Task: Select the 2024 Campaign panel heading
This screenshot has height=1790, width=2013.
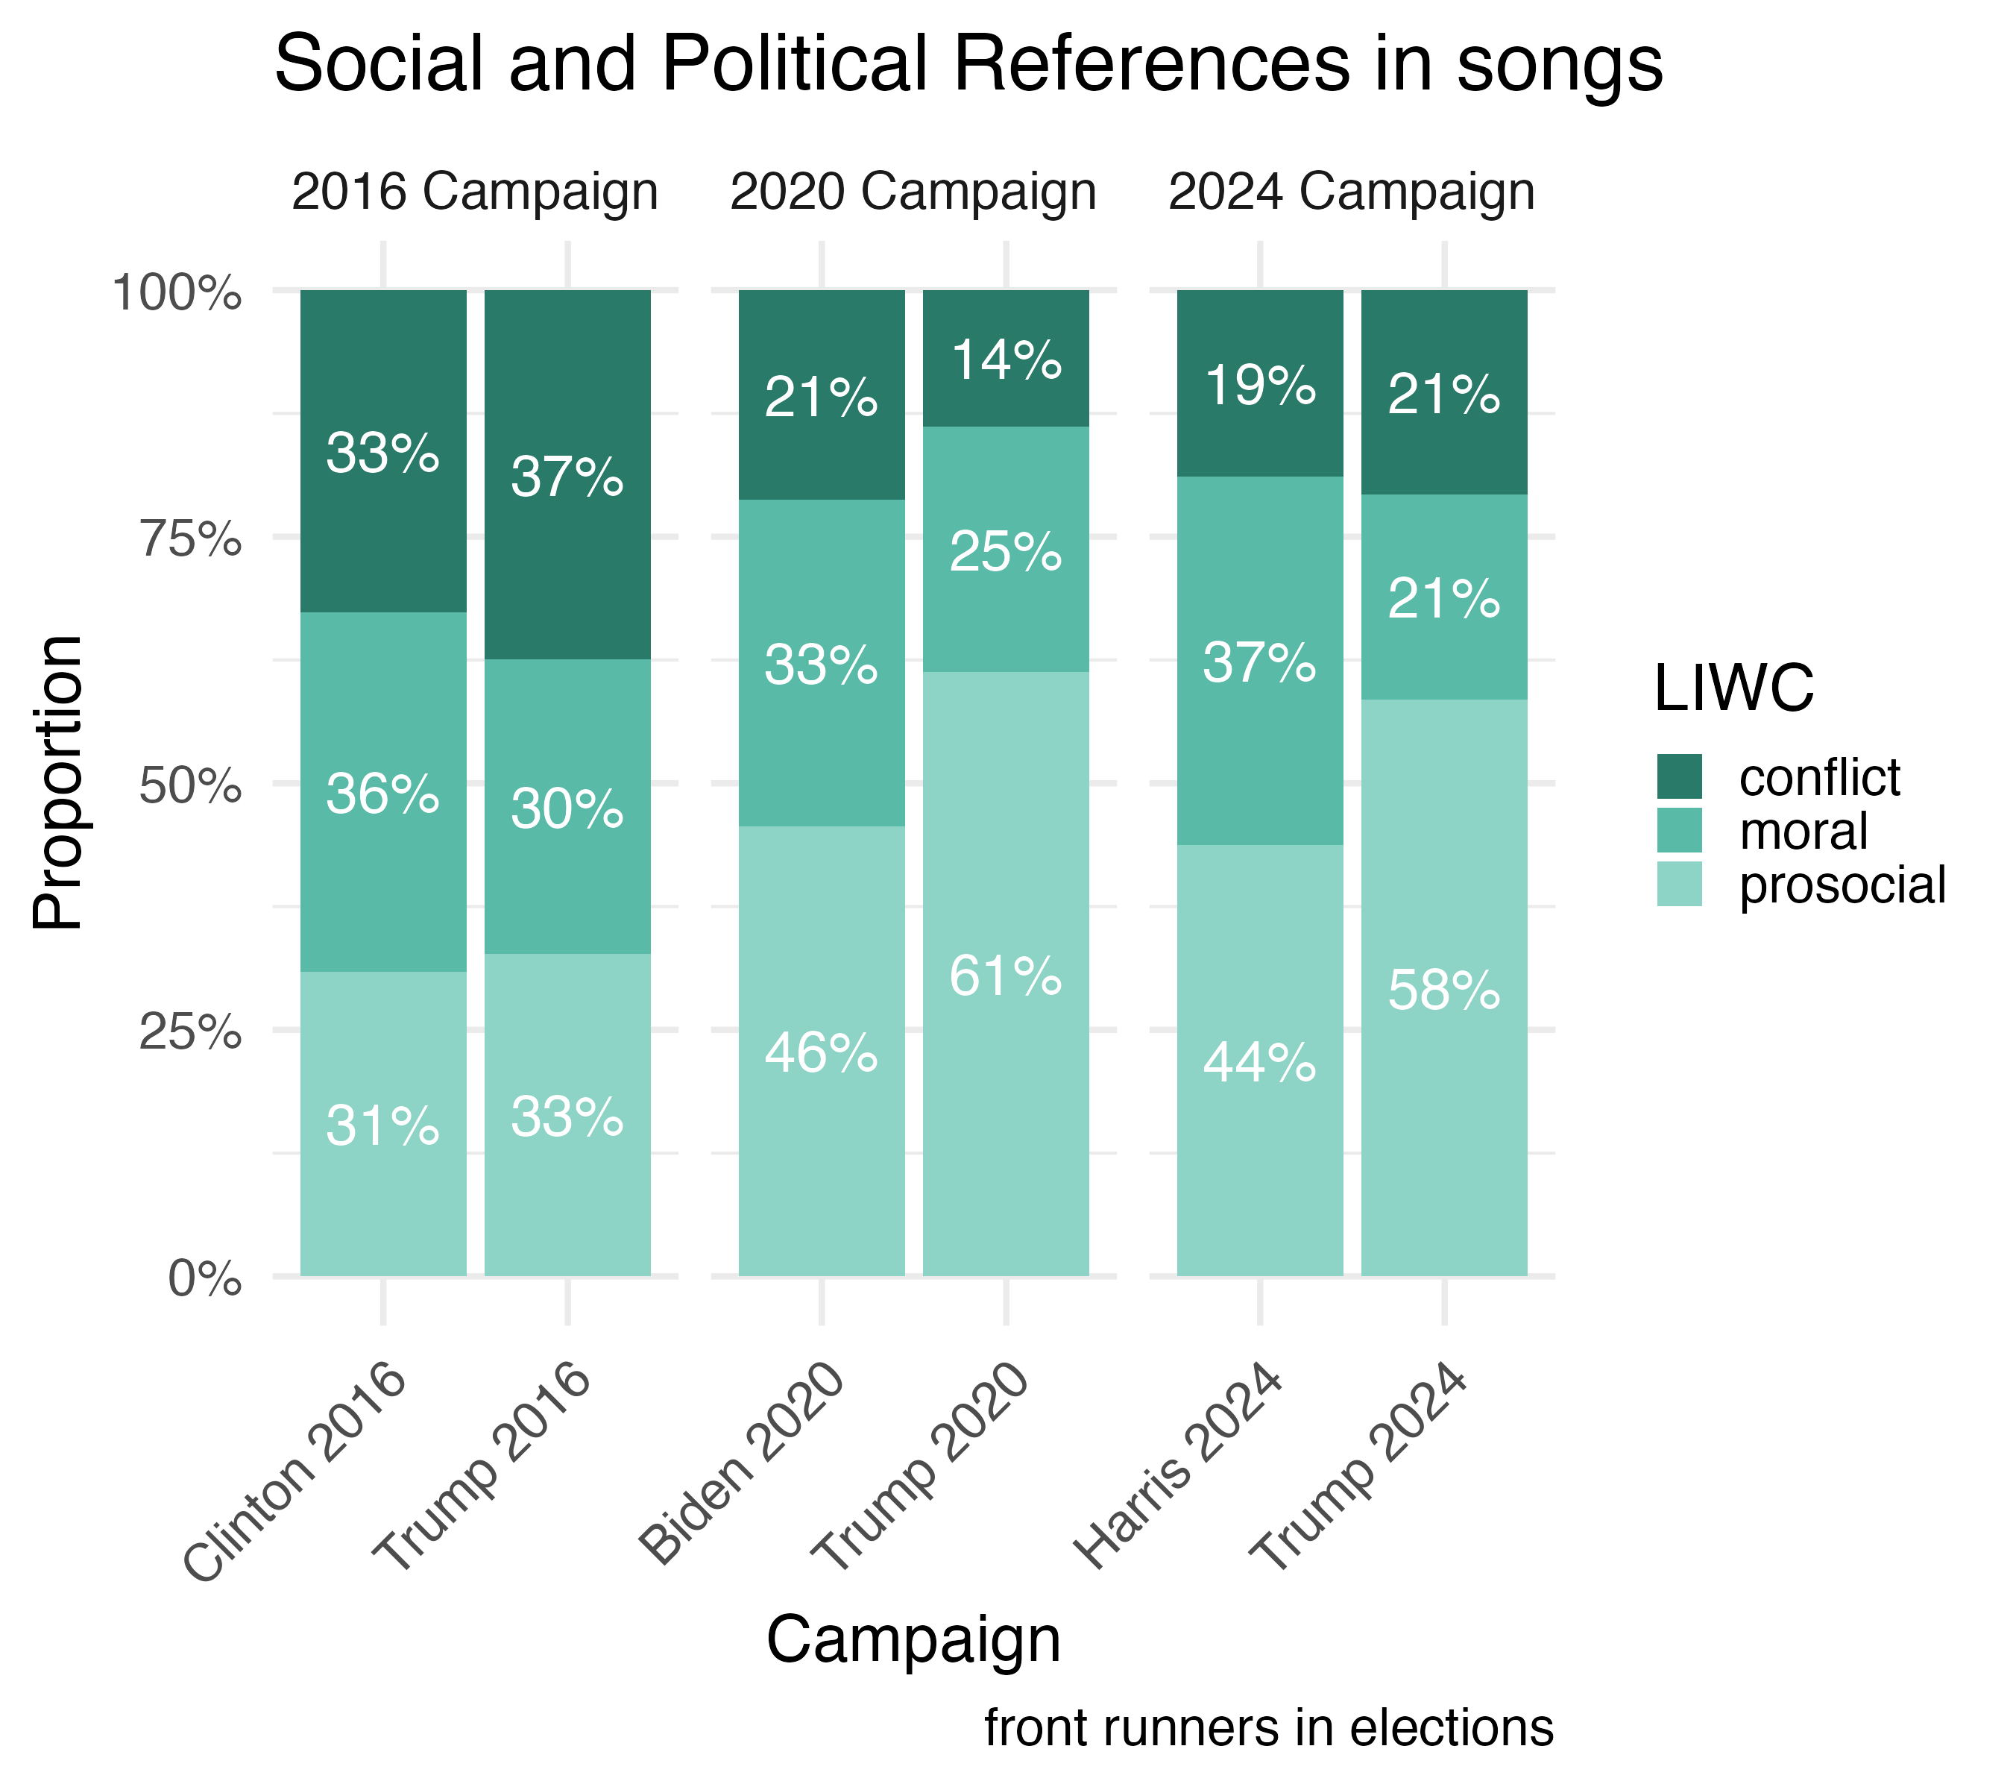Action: click(1350, 192)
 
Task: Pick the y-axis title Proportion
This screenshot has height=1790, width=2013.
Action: click(57, 783)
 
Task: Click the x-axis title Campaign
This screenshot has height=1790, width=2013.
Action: click(913, 1642)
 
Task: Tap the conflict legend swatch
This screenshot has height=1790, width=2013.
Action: click(1679, 777)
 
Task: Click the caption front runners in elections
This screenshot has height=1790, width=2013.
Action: click(1268, 1729)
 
